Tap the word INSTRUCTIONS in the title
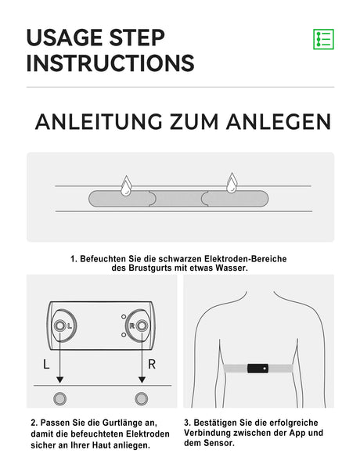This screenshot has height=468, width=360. pos(110,63)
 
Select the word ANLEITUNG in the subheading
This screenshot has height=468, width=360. pos(99,122)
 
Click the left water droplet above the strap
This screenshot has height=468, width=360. pos(125,184)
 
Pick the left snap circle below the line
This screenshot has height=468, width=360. pos(59,398)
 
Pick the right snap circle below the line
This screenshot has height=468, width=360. pos(141,398)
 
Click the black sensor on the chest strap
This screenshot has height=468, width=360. pos(257,369)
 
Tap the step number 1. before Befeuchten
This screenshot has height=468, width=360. pos(74,257)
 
